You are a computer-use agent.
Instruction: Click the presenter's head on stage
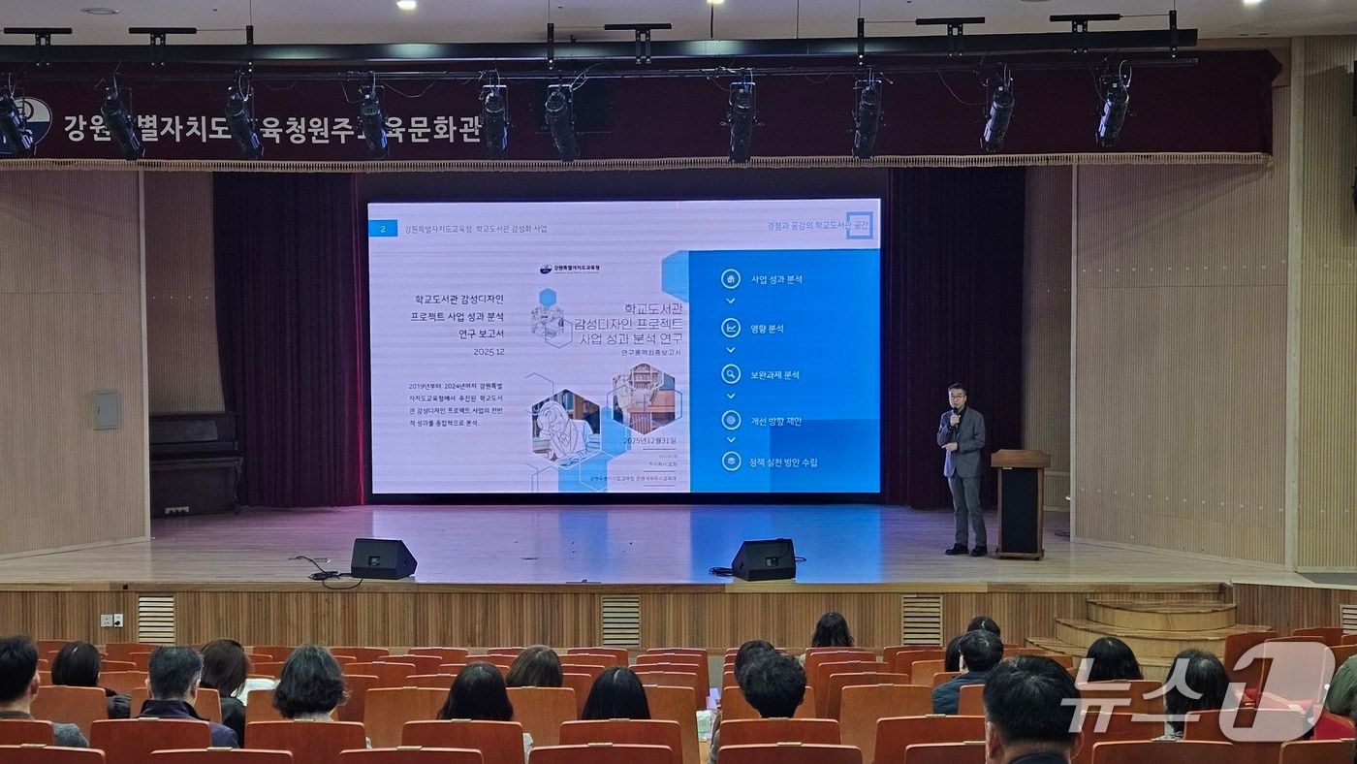coord(958,396)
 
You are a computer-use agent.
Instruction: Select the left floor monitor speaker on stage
coord(383,558)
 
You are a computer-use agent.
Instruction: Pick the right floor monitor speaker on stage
coord(764,559)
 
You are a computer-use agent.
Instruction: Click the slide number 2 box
coord(383,229)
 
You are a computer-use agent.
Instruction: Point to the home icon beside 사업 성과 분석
coord(731,279)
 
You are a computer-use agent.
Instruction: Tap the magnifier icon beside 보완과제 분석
coord(731,374)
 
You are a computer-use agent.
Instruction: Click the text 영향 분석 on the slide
coord(767,328)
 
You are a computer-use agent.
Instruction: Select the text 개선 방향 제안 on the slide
coord(775,421)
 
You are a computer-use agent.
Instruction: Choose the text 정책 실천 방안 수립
coord(783,462)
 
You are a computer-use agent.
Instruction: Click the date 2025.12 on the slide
coord(487,352)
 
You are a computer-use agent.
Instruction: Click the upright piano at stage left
coord(195,463)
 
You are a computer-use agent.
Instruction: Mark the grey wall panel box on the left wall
coord(106,410)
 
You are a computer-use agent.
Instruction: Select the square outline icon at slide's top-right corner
coord(858,225)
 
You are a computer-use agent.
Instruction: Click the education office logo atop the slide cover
coord(570,269)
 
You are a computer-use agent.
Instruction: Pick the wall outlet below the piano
coord(176,510)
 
